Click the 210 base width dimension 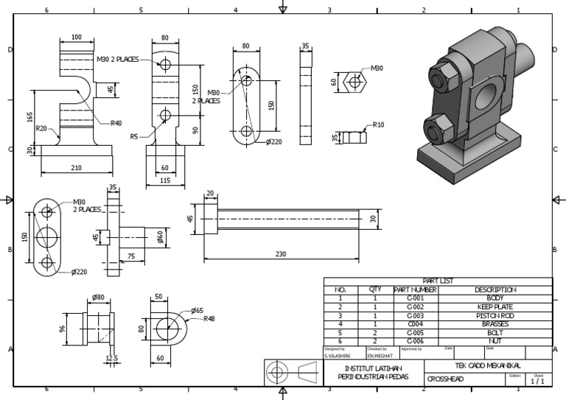point(76,168)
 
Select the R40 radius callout point(116,123)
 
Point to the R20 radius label point(42,128)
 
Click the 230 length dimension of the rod point(281,254)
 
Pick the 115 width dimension point(165,180)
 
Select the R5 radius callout point(134,136)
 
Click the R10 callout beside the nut point(379,124)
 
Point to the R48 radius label point(209,319)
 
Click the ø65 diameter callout point(198,311)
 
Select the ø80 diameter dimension point(98,298)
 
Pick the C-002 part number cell point(416,306)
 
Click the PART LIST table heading point(438,281)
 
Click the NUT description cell point(495,341)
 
